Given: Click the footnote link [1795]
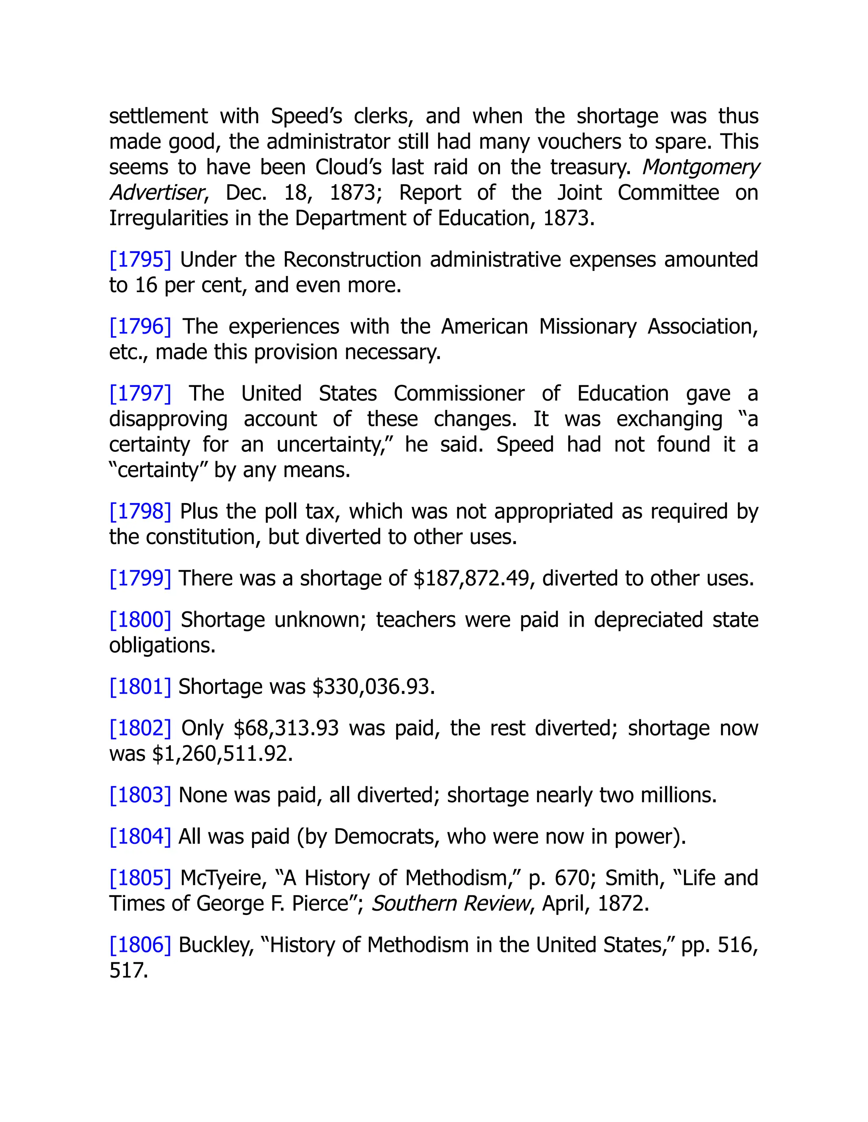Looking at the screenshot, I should [140, 260].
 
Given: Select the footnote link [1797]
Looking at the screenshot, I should [140, 393].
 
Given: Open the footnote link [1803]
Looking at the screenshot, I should [140, 795].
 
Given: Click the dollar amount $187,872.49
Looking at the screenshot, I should [471, 578].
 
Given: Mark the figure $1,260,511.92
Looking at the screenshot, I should [222, 754].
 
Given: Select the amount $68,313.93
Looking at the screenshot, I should [286, 729].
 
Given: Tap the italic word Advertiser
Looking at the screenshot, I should [157, 193].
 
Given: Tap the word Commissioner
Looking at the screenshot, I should [459, 393].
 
